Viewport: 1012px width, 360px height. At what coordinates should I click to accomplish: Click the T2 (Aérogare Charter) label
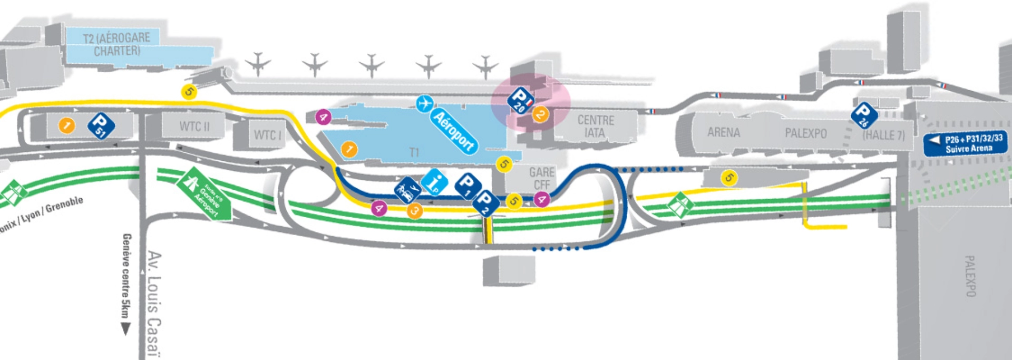coord(116,44)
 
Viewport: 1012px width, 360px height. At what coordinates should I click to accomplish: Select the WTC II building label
coord(194,127)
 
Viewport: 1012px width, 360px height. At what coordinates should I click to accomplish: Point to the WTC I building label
coord(268,135)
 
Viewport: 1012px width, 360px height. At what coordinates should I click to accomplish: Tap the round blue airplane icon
coord(424,104)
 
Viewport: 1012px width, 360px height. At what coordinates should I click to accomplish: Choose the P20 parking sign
coord(520,101)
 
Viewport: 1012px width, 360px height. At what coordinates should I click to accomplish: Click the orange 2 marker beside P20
coord(540,114)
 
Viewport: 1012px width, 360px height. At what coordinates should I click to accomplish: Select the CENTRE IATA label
coord(596,127)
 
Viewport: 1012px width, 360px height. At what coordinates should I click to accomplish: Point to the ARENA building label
coord(723,132)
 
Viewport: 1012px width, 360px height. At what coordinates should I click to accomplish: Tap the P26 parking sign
coord(864,115)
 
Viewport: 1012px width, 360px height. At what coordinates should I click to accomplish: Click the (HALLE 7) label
coord(883,135)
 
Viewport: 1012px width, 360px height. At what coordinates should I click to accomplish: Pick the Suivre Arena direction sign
coord(966,144)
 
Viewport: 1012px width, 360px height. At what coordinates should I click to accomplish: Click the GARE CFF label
coord(542,178)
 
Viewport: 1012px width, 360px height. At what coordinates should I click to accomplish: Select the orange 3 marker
coord(415,211)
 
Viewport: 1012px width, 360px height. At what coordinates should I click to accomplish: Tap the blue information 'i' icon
coord(434,183)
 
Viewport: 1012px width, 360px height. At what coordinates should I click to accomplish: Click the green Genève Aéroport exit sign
coord(204,194)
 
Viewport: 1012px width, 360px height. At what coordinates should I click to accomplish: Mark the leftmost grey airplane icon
coord(258,64)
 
